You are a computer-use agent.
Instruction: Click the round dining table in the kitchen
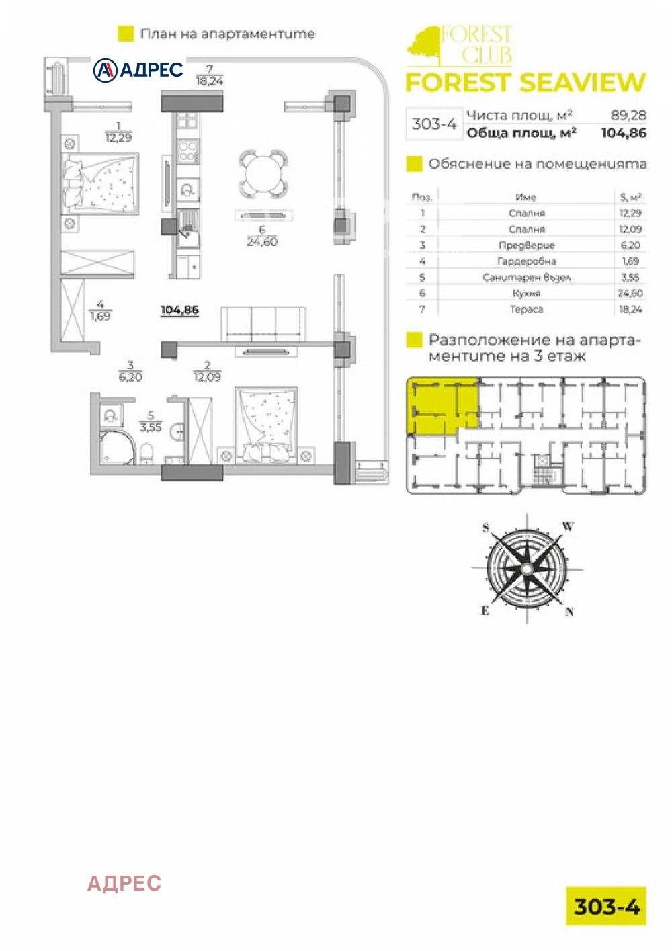263,173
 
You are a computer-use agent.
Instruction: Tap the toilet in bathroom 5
146,453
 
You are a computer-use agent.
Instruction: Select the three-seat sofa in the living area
263,324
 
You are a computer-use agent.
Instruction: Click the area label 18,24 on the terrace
209,81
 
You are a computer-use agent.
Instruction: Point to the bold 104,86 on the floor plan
179,310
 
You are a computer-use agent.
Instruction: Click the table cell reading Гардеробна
526,261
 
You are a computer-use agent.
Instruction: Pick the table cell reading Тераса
526,310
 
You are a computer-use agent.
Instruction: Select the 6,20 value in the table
630,245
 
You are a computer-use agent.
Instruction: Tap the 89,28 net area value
629,115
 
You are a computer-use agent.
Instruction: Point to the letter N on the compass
570,612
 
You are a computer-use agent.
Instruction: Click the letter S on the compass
486,528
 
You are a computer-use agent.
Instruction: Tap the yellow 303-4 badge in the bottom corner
606,906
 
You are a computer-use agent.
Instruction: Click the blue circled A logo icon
105,70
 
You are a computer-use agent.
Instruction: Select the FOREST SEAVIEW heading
526,83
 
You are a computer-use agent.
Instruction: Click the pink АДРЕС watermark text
124,884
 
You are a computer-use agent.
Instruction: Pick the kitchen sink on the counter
188,230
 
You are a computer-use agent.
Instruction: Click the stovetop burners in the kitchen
187,151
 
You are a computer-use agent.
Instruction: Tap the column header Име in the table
526,197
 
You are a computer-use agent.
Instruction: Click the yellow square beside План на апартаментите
126,34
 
